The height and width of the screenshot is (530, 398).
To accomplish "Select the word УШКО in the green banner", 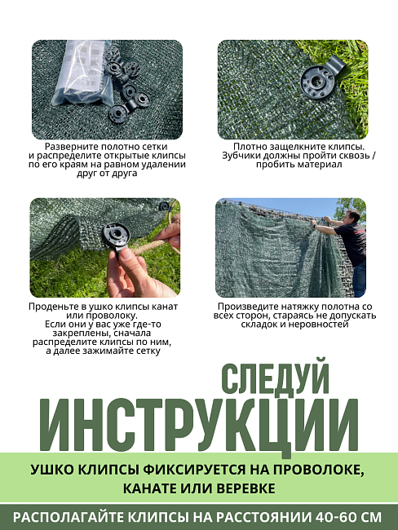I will coord(55,470).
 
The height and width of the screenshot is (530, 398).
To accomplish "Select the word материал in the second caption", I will coord(318,165).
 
